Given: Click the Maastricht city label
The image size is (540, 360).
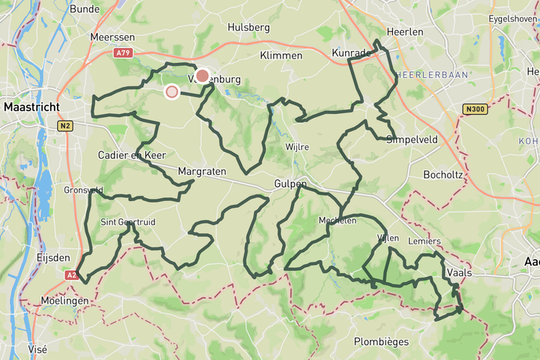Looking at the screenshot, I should [31, 107].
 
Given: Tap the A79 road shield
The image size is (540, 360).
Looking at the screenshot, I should [124, 53].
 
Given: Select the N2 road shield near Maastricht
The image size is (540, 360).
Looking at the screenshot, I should [66, 126].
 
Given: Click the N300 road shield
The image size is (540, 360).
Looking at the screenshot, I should [475, 109].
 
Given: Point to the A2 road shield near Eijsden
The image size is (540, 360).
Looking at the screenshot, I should [70, 275].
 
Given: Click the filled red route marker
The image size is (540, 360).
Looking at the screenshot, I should [202, 76].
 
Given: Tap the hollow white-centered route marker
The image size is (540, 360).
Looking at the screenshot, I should [172, 91].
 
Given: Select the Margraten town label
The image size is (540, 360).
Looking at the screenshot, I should [202, 172].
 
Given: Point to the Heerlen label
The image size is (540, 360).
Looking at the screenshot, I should [405, 32].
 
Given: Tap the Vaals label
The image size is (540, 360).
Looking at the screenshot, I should [458, 273].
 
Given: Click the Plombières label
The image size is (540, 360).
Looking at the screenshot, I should [381, 342].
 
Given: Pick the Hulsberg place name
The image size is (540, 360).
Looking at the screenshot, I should [248, 27].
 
